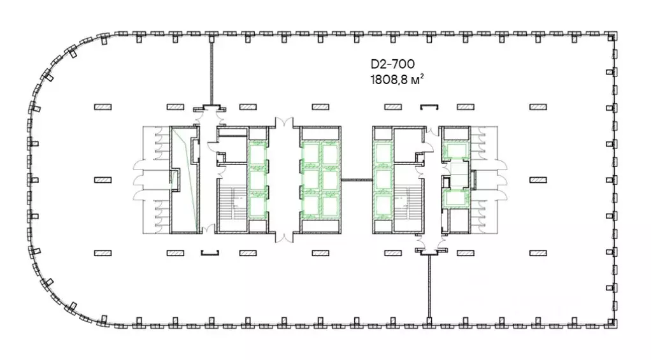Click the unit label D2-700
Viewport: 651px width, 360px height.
(x=392, y=64)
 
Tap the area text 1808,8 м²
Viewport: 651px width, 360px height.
(x=397, y=79)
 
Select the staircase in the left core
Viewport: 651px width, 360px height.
(x=234, y=203)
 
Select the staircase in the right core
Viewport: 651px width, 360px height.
(x=408, y=203)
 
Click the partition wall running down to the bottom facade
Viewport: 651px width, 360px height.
(x=429, y=286)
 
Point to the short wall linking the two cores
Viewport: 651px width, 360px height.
(x=357, y=180)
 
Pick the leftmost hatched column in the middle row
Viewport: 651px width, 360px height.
(x=103, y=180)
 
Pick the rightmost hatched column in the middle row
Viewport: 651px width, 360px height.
(x=538, y=180)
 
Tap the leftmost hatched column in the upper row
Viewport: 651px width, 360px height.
(x=103, y=107)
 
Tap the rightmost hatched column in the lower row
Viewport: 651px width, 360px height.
(x=538, y=252)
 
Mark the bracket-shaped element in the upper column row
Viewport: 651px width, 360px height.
(x=429, y=106)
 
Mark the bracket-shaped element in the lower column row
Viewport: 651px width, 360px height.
(x=210, y=252)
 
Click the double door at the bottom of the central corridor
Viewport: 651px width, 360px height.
(x=284, y=236)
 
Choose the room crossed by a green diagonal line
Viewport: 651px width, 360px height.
(x=184, y=180)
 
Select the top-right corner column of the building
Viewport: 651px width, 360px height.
(x=611, y=37)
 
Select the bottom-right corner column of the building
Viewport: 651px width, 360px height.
(x=611, y=322)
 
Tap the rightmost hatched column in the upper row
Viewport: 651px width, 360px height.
(x=538, y=107)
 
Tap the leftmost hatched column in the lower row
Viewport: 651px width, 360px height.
(x=103, y=252)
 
